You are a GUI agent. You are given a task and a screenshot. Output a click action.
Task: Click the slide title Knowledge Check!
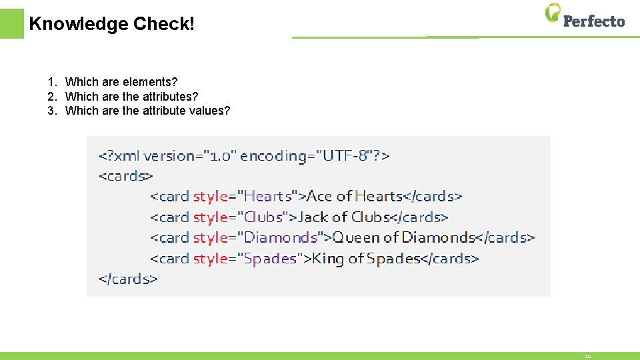tap(112, 25)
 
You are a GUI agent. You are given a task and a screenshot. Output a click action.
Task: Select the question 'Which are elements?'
tap(121, 82)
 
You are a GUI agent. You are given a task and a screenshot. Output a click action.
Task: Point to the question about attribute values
tap(147, 111)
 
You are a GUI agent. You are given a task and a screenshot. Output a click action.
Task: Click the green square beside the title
tap(11, 23)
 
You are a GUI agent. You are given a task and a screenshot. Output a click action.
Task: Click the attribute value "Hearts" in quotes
tap(268, 196)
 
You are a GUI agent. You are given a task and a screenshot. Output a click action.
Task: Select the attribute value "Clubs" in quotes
tap(265, 217)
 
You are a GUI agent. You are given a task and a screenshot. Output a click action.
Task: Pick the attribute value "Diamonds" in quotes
tap(281, 237)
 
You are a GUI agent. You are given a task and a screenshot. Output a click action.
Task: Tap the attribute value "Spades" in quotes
tap(271, 258)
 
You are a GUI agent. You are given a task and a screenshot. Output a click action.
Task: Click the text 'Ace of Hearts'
tap(354, 196)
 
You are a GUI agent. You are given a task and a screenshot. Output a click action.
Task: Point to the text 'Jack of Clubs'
tap(343, 217)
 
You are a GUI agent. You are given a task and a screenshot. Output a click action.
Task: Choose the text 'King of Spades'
tap(366, 258)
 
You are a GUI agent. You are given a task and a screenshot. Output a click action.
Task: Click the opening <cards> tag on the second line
tap(126, 176)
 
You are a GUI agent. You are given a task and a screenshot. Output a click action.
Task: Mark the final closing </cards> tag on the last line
tap(128, 279)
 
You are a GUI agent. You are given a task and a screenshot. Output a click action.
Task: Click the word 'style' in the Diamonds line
tap(209, 237)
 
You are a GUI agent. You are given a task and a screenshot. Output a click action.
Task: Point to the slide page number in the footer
tap(588, 357)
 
